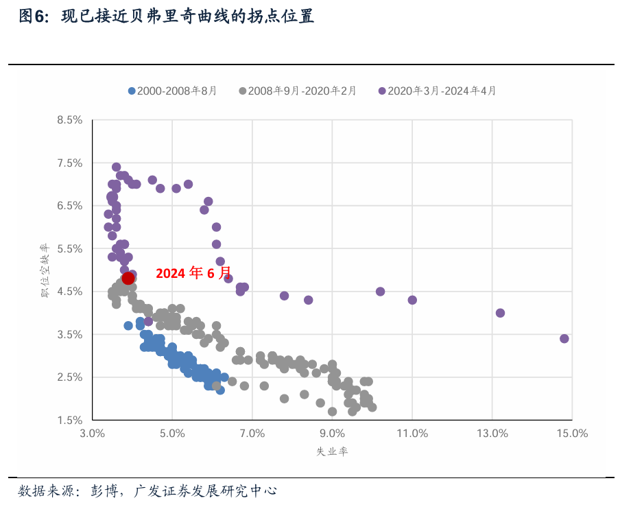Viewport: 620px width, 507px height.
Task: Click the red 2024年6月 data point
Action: [128, 278]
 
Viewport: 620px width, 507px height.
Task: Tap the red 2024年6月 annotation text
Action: [194, 273]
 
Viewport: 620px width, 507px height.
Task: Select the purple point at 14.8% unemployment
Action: [564, 338]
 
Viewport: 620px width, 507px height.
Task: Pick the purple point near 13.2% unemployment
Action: [500, 313]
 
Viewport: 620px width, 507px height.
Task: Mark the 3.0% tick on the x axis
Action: [92, 434]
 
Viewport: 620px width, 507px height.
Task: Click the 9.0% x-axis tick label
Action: [332, 434]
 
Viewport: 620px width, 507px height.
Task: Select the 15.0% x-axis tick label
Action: [572, 434]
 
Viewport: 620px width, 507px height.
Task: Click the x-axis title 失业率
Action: [331, 451]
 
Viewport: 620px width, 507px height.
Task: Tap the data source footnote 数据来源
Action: [147, 491]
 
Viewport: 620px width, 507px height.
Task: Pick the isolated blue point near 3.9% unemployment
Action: [128, 325]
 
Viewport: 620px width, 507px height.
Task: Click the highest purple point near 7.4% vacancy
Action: [117, 167]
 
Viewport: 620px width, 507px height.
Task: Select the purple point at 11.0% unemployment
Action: [412, 300]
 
